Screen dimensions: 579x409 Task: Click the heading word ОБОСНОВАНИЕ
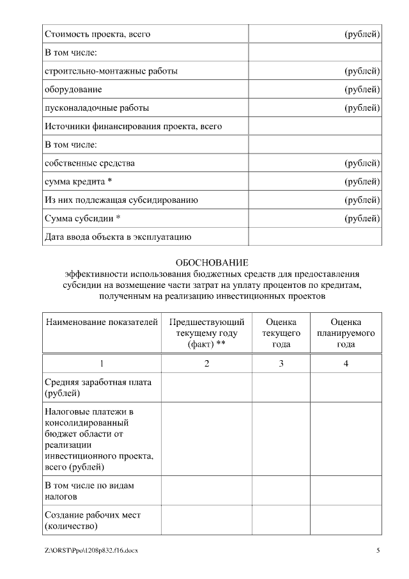212,263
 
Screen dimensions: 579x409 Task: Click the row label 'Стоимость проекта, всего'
98,34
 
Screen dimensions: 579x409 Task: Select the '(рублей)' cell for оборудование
362,90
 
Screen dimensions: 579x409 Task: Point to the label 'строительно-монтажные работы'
111,71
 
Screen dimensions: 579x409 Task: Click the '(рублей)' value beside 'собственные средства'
362,163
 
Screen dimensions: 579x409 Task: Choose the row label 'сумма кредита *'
79,182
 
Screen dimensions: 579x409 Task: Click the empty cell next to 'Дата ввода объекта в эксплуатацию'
315,237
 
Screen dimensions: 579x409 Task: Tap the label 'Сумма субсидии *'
82,218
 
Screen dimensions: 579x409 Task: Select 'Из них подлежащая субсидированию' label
121,200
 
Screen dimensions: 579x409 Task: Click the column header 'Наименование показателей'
102,322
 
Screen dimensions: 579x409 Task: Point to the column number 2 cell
206,364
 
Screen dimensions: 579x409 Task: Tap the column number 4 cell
346,364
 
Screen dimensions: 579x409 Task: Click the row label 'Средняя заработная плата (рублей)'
98,388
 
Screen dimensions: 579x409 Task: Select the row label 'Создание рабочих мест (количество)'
93,520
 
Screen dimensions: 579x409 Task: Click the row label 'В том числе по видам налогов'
89,491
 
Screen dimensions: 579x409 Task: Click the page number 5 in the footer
378,550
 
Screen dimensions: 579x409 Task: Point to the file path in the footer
91,550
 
